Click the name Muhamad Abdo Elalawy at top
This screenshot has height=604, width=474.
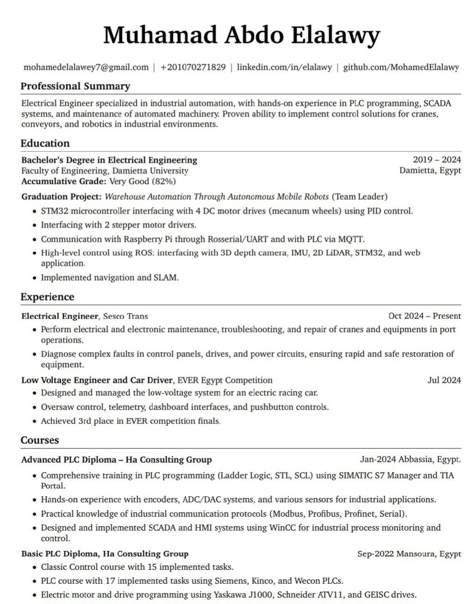[x=241, y=35]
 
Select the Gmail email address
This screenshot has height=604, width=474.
[x=86, y=67]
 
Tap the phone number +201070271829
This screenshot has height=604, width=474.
[x=193, y=67]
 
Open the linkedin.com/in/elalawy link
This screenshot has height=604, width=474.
[x=284, y=67]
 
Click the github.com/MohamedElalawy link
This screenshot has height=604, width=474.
[x=401, y=67]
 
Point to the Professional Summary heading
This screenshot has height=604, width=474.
[x=75, y=86]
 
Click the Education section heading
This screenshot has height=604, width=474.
[x=45, y=143]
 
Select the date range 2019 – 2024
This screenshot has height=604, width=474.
[x=437, y=160]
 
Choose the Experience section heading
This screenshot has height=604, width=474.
[x=47, y=297]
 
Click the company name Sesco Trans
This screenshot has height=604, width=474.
[x=125, y=317]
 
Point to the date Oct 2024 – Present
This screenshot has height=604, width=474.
[x=424, y=316]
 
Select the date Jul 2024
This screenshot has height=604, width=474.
[x=444, y=380]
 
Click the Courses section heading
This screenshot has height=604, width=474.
[x=40, y=440]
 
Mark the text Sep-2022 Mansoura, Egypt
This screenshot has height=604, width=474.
[x=409, y=554]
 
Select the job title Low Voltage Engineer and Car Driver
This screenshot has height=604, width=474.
[x=97, y=380]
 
